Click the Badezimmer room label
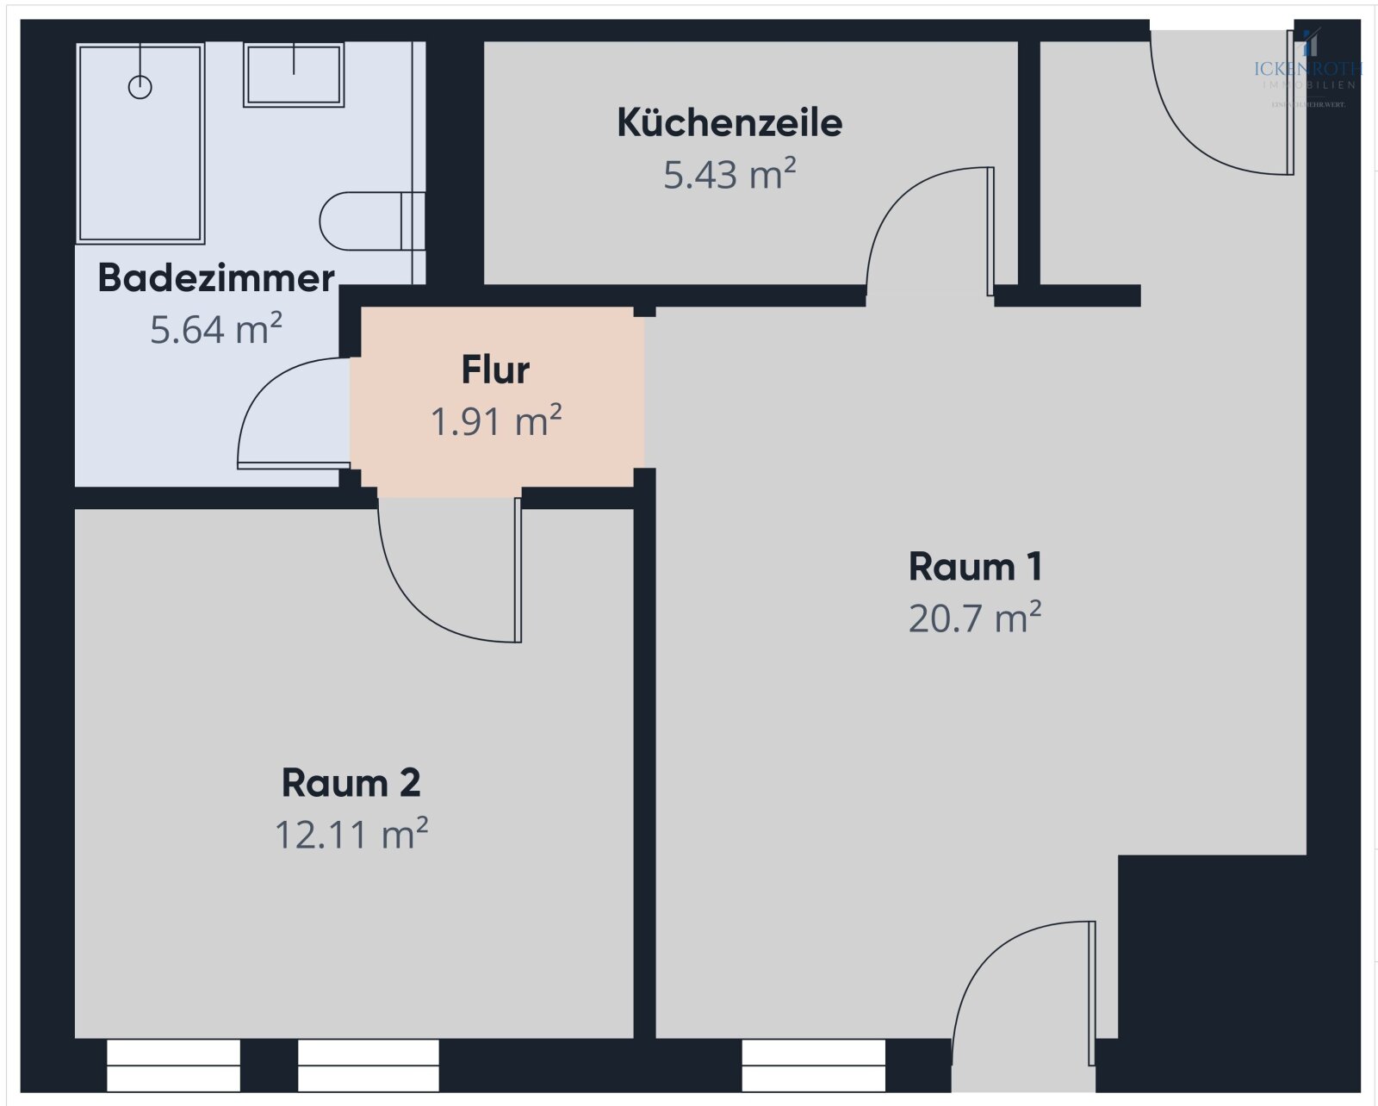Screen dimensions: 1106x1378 [x=216, y=278]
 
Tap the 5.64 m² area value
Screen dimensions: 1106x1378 [x=216, y=329]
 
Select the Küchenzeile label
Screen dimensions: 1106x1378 [x=729, y=123]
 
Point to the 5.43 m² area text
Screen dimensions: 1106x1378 [x=729, y=175]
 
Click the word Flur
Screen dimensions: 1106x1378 [x=495, y=370]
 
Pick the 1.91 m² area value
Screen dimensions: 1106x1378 [x=495, y=422]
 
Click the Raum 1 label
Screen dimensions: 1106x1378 [x=975, y=567]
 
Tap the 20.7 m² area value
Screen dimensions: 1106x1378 [x=975, y=618]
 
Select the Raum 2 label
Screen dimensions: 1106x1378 [x=351, y=783]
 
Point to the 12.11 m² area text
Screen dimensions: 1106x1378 [x=351, y=835]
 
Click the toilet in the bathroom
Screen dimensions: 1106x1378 [x=362, y=221]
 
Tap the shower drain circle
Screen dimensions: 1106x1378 [x=140, y=87]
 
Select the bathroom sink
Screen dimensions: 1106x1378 [x=294, y=75]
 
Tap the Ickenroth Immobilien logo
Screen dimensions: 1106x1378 [x=1308, y=69]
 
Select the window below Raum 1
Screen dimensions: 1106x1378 [x=813, y=1066]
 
